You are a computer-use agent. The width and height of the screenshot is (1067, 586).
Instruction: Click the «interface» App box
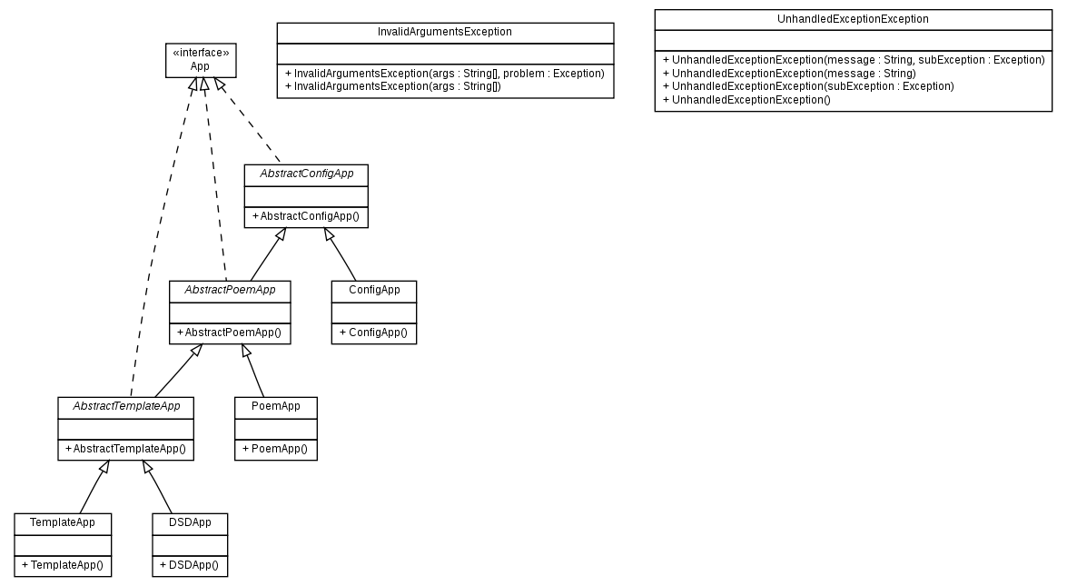click(200, 60)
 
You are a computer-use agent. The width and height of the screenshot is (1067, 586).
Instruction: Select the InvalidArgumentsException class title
click(445, 32)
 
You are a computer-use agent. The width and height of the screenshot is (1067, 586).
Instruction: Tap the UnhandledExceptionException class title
click(853, 19)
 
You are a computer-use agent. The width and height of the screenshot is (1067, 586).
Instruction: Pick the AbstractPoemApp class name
click(230, 291)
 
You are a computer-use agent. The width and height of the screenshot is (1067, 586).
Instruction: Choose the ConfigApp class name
click(373, 291)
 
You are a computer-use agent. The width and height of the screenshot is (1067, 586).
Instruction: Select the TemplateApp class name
click(63, 523)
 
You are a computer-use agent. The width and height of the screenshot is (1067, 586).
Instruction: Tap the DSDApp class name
click(190, 523)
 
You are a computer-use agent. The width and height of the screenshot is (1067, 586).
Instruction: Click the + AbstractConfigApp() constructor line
click(306, 216)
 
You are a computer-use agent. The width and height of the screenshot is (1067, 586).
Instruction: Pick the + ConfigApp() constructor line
click(373, 333)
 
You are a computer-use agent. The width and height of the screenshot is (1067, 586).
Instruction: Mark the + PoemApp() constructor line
click(275, 449)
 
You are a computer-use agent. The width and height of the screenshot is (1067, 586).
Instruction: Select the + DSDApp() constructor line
click(190, 565)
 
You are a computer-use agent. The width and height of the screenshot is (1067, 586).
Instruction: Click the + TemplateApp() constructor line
click(63, 565)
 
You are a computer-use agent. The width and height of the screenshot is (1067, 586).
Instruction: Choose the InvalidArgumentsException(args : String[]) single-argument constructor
click(393, 85)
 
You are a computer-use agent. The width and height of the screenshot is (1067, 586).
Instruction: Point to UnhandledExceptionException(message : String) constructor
click(789, 73)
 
